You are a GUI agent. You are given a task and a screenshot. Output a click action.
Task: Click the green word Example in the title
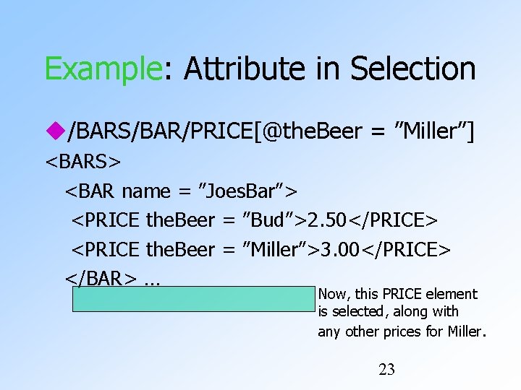[101, 69]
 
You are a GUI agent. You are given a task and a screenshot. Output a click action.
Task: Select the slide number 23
[387, 370]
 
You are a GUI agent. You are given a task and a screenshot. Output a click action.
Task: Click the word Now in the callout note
[332, 294]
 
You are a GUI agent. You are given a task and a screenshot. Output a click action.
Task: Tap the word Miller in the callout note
[463, 331]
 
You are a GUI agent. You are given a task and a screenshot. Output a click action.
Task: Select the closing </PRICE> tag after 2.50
[398, 220]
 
